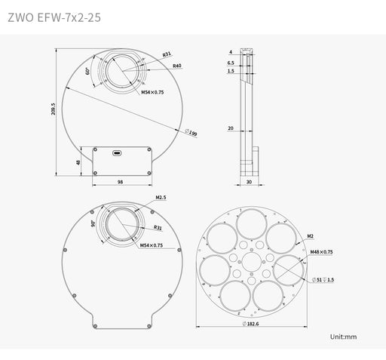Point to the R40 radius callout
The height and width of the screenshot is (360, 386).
[x=176, y=66]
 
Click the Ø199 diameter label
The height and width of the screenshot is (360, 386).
[x=191, y=134]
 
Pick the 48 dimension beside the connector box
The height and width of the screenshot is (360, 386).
[x=78, y=162]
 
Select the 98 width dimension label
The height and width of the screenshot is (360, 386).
[x=120, y=183]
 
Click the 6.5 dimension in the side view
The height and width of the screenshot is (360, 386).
[x=230, y=63]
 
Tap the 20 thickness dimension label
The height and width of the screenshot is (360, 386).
[x=230, y=128]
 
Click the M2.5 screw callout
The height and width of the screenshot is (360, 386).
[x=160, y=198]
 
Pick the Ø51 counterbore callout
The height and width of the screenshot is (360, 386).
[x=322, y=278]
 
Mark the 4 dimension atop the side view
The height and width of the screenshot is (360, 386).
[x=230, y=52]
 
